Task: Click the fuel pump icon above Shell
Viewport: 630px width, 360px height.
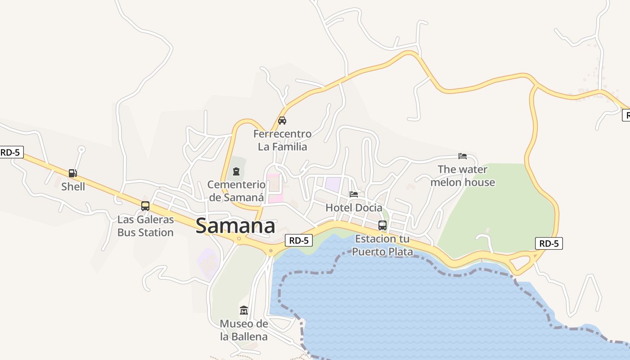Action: (72, 173)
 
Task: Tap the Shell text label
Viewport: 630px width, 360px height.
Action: (73, 186)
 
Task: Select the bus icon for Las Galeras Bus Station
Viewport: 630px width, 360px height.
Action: (145, 206)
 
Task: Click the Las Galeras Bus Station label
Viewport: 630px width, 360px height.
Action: (145, 226)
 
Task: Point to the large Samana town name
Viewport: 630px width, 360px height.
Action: (235, 226)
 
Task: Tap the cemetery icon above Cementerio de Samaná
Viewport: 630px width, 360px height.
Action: (236, 171)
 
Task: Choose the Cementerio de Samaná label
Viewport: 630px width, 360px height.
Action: (236, 190)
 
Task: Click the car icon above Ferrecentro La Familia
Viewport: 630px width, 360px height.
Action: (282, 121)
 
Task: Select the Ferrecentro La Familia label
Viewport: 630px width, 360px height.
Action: (282, 140)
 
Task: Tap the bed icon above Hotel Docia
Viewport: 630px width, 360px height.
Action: (354, 194)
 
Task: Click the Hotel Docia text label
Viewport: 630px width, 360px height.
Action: (354, 207)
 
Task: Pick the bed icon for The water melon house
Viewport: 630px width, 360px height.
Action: (463, 156)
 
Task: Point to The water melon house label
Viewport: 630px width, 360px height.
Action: (463, 175)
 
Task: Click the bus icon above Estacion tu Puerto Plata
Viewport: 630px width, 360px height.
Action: (382, 225)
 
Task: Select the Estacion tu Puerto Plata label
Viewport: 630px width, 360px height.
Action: (382, 245)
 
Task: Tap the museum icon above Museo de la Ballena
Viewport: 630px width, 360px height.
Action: (244, 310)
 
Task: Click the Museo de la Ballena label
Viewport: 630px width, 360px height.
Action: (244, 330)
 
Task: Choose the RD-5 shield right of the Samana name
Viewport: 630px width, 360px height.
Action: (299, 240)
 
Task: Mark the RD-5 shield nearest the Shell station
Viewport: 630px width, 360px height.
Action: (11, 152)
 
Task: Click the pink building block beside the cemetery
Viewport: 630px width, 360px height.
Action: (274, 188)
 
